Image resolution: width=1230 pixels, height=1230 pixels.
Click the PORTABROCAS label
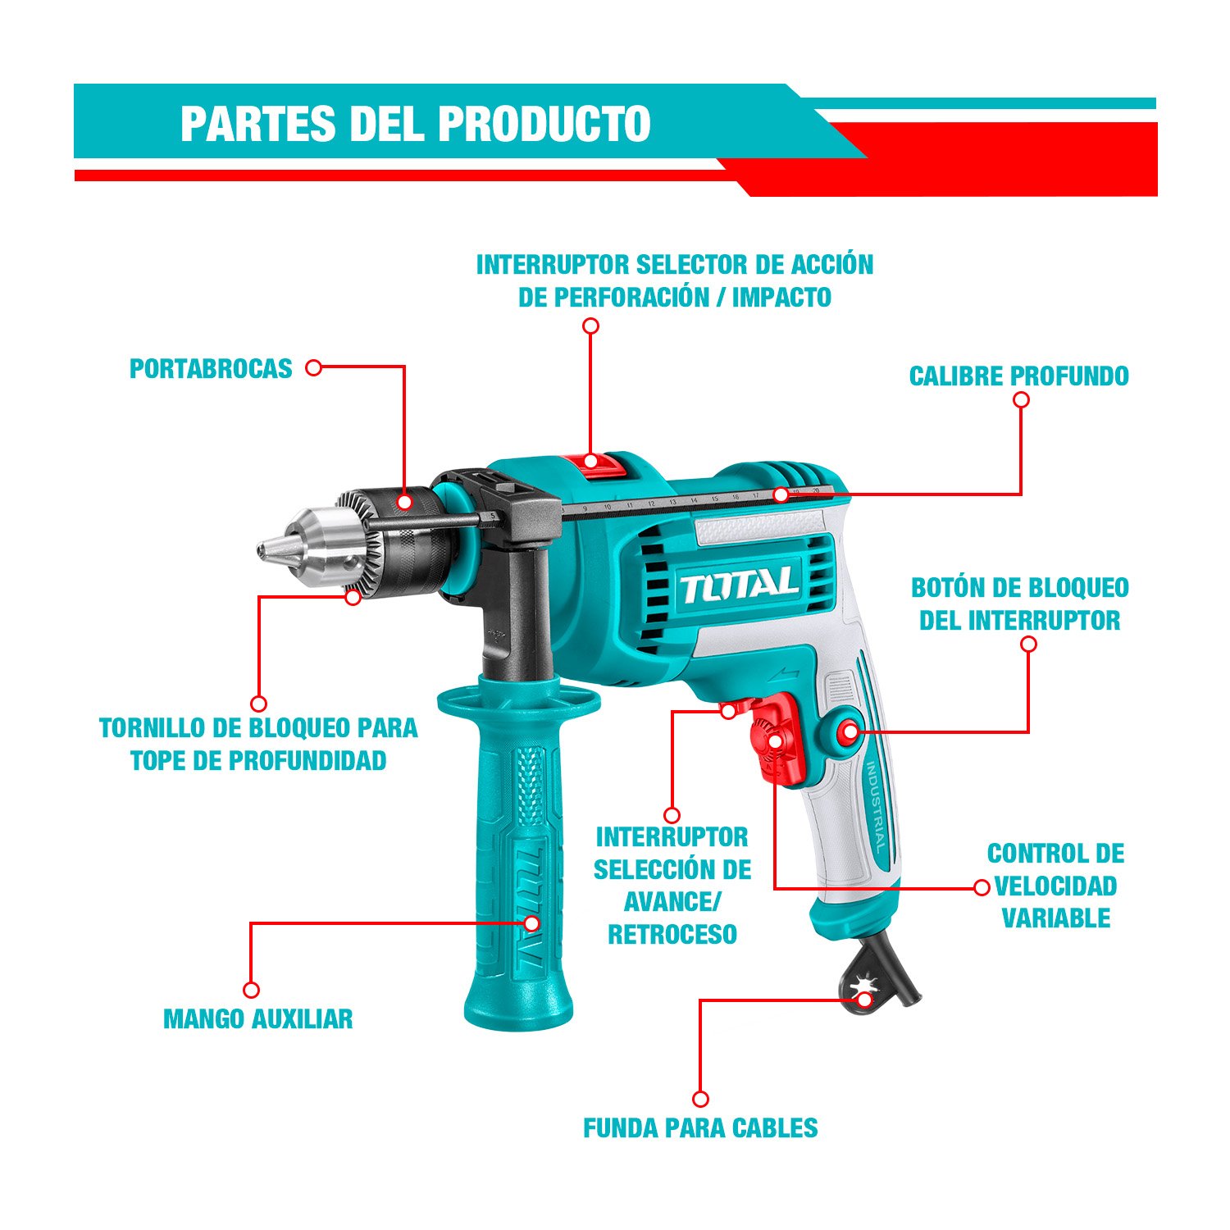click(211, 369)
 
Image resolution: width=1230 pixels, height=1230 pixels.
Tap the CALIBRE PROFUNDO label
click(1019, 376)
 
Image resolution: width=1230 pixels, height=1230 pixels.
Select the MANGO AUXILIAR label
click(258, 1019)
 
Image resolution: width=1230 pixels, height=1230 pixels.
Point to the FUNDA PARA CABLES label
click(700, 1128)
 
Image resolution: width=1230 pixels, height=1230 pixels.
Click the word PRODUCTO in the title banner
click(544, 123)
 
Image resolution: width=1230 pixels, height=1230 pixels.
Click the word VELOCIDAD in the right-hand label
click(1056, 886)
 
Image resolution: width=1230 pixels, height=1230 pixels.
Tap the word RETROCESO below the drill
click(672, 934)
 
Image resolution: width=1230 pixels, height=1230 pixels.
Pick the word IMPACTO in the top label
click(781, 297)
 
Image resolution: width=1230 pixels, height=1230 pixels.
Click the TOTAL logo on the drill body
click(739, 585)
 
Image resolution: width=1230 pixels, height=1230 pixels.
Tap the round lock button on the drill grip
click(848, 731)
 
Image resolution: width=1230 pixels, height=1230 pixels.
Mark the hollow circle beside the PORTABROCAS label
click(313, 368)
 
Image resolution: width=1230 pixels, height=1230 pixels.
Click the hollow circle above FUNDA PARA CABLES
click(700, 1099)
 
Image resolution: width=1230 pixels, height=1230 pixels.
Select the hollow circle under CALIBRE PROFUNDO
click(1021, 399)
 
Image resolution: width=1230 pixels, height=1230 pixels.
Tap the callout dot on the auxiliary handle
click(531, 923)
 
